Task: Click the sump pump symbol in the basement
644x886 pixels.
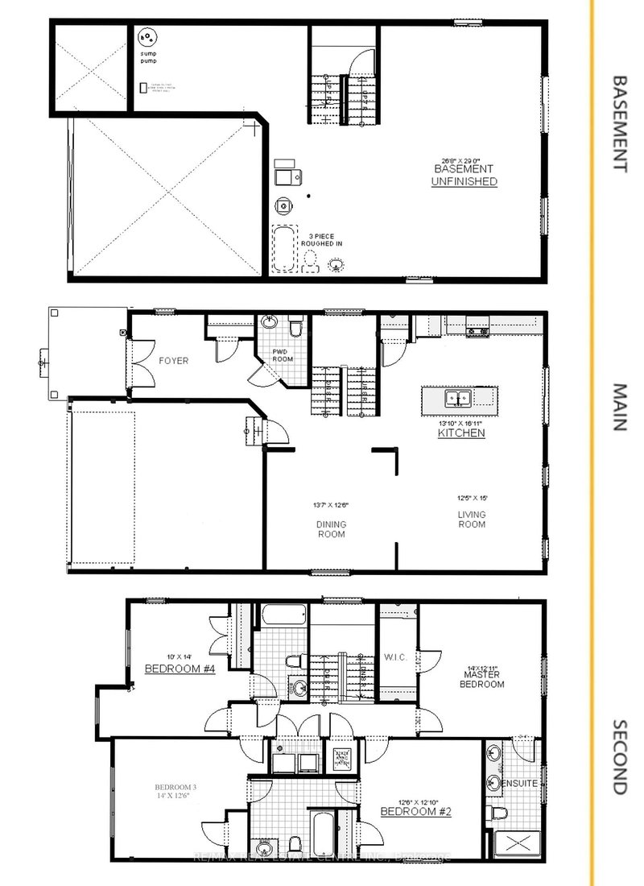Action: click(x=147, y=36)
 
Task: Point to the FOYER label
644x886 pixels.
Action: click(x=173, y=361)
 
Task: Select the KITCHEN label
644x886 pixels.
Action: click(x=460, y=433)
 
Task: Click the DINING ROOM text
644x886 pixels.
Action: click(x=330, y=529)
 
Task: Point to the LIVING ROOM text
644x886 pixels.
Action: click(x=472, y=520)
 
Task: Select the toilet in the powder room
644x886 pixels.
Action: click(x=296, y=327)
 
